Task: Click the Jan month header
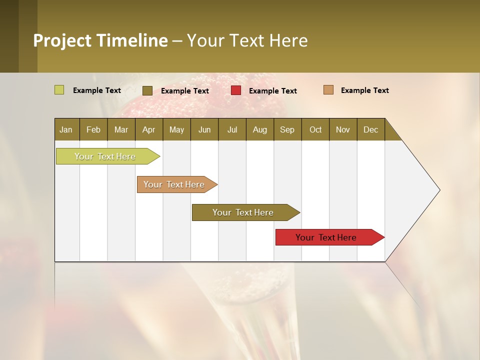tap(66, 130)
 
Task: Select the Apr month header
tap(148, 130)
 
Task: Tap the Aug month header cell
tap(259, 130)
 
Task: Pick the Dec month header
tap(370, 130)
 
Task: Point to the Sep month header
tap(287, 130)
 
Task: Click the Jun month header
tap(204, 130)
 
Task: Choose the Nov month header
tap(342, 130)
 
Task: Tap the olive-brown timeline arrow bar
tap(243, 212)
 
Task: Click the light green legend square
tap(59, 90)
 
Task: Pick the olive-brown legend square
tap(147, 90)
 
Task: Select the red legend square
tap(236, 90)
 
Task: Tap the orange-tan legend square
tap(328, 90)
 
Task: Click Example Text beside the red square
tap(272, 91)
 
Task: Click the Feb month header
tap(93, 130)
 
